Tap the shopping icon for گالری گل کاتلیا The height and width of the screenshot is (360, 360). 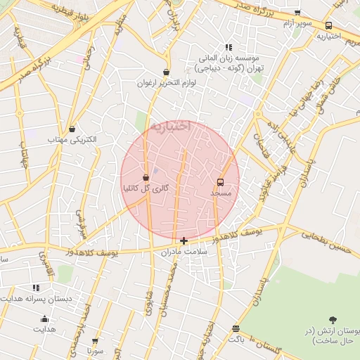pos(146,178)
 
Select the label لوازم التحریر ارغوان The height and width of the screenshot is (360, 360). pos(167,83)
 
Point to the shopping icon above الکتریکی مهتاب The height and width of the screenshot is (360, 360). pos(73,129)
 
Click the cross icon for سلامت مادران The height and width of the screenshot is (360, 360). pos(184,240)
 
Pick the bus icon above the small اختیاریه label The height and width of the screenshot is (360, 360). pos(329,25)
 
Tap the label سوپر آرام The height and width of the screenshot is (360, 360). pos(297,24)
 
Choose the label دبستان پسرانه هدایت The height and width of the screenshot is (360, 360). pos(35,298)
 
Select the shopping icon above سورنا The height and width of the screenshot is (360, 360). pos(96,340)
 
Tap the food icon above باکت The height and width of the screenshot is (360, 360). pos(236,328)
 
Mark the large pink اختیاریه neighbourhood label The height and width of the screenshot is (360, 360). pos(169,127)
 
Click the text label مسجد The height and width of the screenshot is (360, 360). pos(221,192)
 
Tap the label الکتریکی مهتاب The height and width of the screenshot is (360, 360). pos(72,140)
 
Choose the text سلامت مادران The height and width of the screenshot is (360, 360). pos(184,251)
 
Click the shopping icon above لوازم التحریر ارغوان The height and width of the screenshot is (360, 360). pos(166,72)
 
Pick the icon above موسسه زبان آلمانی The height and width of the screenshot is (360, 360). pos(229,46)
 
